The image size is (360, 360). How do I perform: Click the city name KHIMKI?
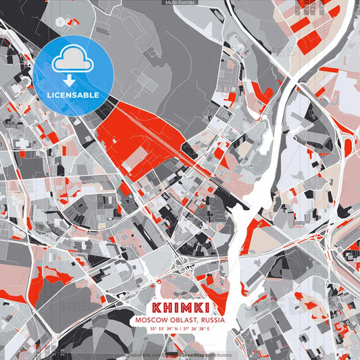point(180,307)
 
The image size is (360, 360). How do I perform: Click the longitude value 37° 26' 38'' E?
point(197,328)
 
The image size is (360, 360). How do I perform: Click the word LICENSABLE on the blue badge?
point(73,95)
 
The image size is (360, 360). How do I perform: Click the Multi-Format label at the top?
point(180,3)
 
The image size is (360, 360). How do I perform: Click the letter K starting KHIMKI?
point(158,307)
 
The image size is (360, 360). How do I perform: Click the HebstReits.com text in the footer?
point(144,355)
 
